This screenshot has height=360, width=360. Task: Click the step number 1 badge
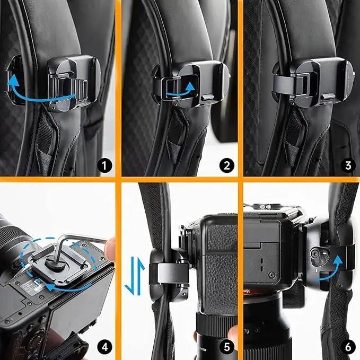point(104,165)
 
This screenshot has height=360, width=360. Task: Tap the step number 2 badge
point(227,165)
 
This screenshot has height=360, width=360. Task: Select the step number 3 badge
point(348,165)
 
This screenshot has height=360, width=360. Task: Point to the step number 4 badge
point(104,347)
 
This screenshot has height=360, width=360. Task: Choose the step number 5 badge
point(227,347)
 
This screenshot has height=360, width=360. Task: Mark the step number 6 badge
point(348,347)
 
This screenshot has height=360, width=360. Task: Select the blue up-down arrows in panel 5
point(135,276)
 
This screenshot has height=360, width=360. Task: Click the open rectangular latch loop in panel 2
point(180,88)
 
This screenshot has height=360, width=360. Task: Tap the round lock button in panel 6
point(314,254)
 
